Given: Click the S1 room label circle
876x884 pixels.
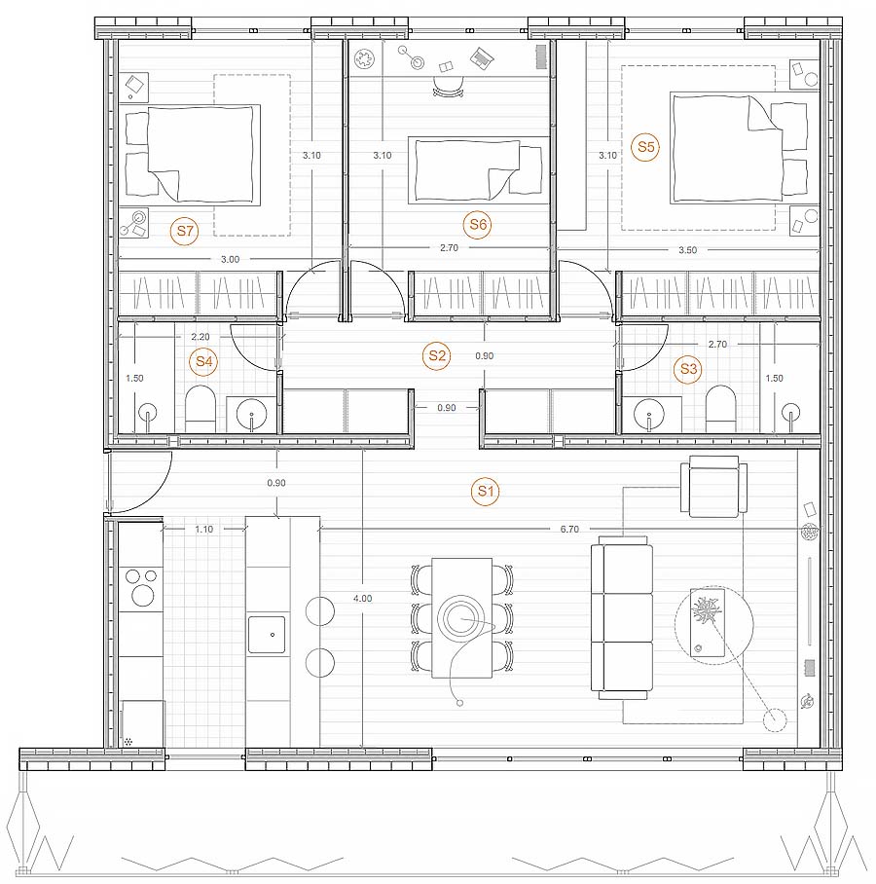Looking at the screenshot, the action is click(x=486, y=491).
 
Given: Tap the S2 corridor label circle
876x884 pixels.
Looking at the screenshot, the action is click(x=437, y=355).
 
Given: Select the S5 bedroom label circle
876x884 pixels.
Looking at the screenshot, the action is click(x=645, y=147).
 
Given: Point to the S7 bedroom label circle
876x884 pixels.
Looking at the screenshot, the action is click(x=185, y=231).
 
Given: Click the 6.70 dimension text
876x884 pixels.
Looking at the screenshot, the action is click(x=569, y=529).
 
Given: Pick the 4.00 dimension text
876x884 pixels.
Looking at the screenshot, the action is click(x=362, y=598).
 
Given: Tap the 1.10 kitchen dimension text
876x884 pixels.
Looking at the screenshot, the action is click(x=204, y=529).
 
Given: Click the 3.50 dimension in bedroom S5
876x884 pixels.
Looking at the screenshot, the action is click(x=688, y=250).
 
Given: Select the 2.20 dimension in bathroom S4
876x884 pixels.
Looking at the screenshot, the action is click(x=201, y=337).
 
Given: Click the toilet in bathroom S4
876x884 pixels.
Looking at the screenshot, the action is click(x=201, y=409).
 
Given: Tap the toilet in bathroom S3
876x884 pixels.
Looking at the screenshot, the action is click(x=721, y=409).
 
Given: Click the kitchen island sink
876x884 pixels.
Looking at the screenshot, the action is click(x=267, y=635).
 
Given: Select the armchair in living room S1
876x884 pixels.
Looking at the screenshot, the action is click(x=713, y=487).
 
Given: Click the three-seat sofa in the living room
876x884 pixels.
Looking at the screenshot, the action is click(x=622, y=618).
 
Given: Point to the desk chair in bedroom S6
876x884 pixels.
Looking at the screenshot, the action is click(x=449, y=87).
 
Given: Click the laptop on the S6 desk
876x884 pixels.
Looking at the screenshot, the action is click(x=483, y=57).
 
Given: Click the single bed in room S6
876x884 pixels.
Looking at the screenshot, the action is click(x=479, y=169).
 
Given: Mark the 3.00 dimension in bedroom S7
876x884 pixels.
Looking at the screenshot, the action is click(x=230, y=259).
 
